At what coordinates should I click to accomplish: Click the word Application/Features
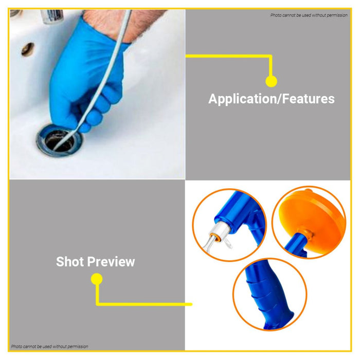(272, 99)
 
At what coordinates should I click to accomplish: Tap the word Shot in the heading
(70, 262)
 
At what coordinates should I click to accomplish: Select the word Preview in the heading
(111, 262)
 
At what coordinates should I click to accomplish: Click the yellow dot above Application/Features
(271, 81)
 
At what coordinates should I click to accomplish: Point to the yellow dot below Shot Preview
(97, 279)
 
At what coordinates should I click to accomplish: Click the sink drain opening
(59, 140)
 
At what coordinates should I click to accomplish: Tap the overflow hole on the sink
(28, 49)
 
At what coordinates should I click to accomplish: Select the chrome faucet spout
(52, 16)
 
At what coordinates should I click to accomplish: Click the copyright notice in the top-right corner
(309, 15)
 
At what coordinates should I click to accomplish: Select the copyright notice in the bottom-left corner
(49, 346)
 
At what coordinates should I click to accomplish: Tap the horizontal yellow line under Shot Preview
(144, 304)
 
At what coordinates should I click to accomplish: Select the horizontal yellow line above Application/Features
(228, 56)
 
